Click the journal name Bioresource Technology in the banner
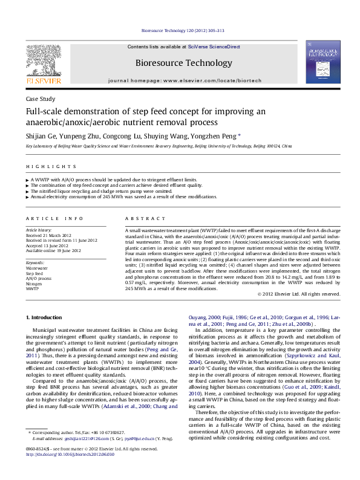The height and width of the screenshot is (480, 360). click(183, 63)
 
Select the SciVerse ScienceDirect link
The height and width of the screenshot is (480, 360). click(214, 47)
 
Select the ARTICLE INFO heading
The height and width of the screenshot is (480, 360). click(54, 218)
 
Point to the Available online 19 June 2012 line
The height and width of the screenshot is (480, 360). click(53, 250)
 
